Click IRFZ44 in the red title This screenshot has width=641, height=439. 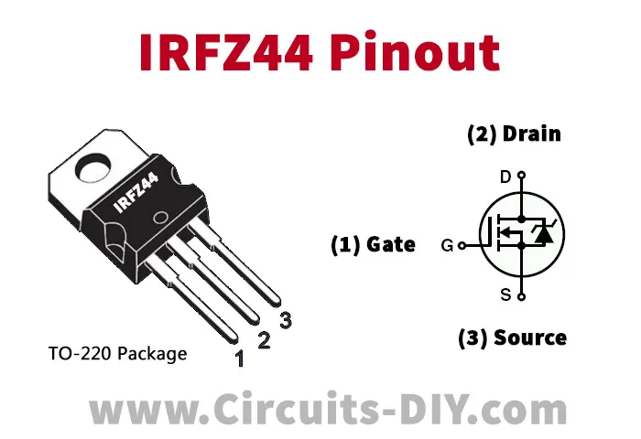pos(226,52)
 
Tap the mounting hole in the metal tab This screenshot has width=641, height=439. pos(94,167)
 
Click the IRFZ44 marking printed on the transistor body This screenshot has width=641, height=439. pos(136,192)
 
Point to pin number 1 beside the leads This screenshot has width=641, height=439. pos(239,359)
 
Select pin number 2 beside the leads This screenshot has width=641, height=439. pos(264,340)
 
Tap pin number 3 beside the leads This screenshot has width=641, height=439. pos(286,320)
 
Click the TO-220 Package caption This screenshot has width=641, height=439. pos(118,354)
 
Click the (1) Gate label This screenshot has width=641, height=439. pos(373,244)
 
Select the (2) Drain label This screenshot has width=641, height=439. pos(514,134)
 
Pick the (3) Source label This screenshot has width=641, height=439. pos(512,338)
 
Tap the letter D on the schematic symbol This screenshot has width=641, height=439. pos(505,177)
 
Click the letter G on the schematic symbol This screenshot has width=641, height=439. pos(447,245)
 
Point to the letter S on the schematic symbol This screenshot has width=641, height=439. pos(505,294)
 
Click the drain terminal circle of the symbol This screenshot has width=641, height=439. pos(521,176)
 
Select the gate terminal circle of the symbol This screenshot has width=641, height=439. pos(462,245)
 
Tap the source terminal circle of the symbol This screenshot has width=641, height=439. pos(521,297)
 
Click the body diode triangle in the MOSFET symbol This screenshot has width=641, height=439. pos(544,235)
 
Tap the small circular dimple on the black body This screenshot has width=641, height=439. pos(160,218)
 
